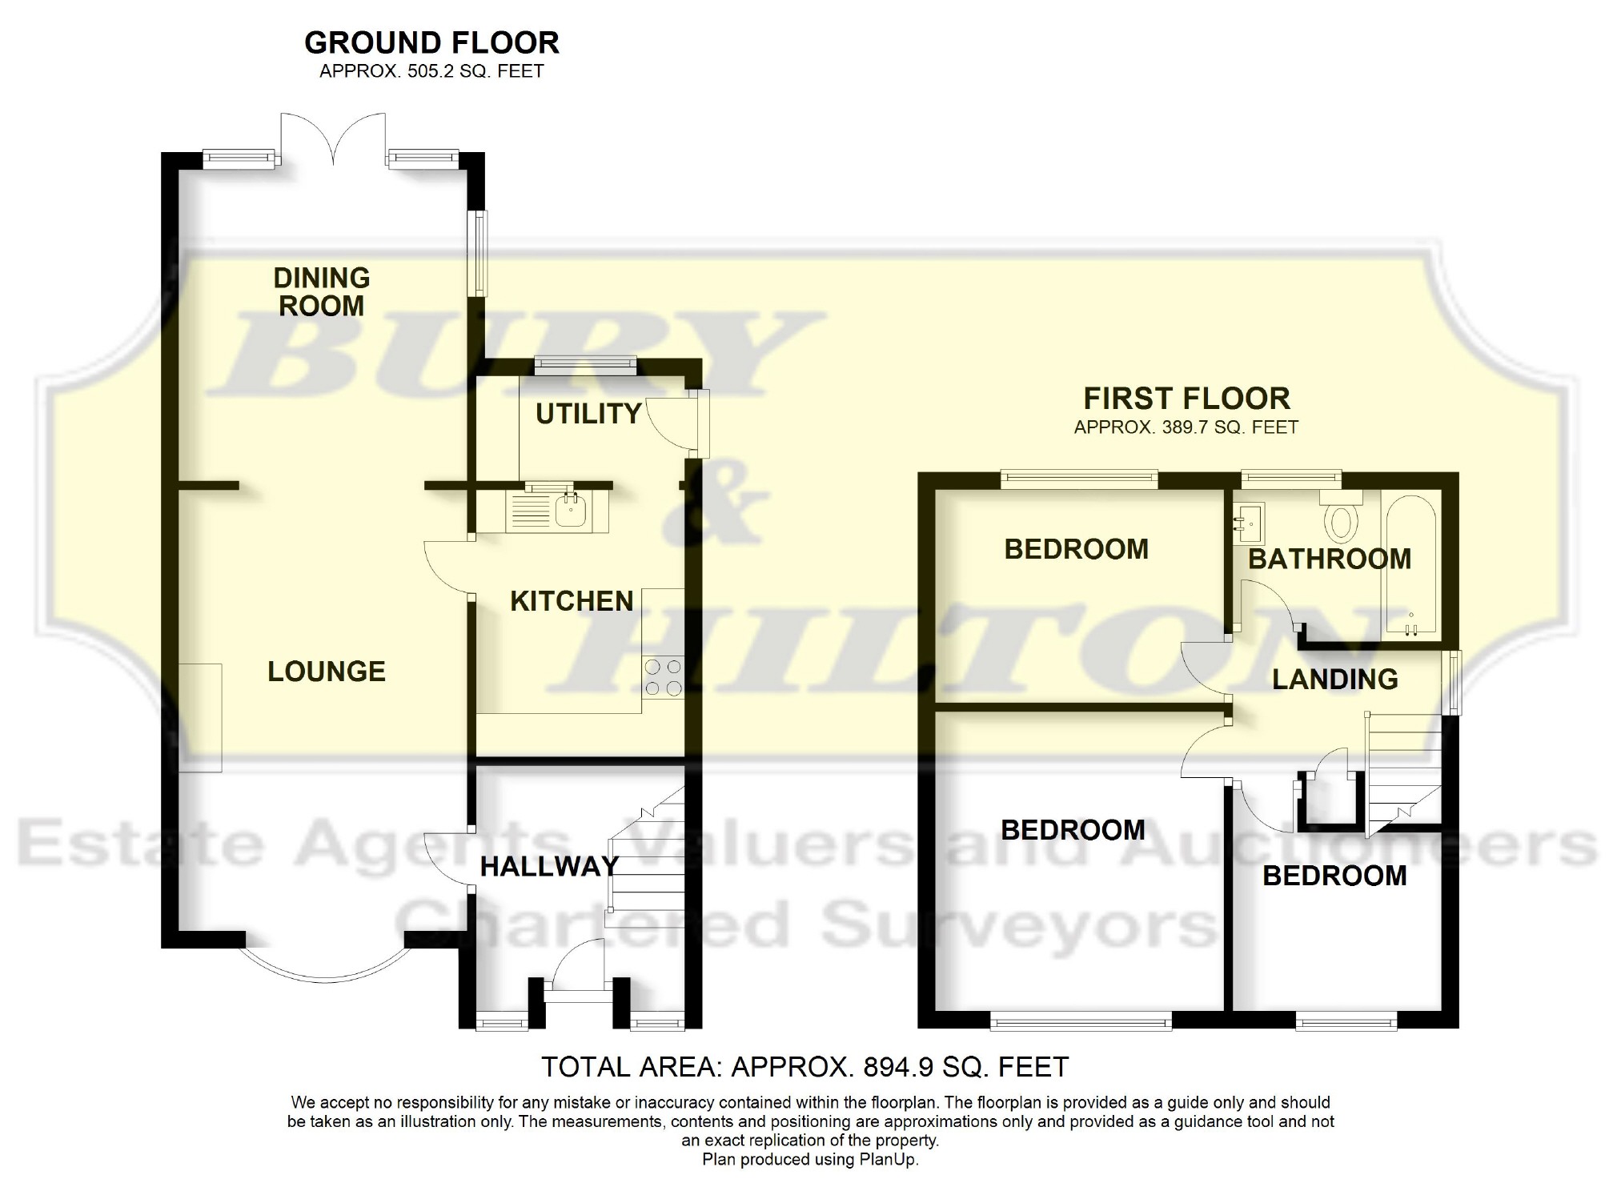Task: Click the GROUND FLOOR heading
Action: tap(431, 42)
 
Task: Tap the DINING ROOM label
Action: tap(322, 292)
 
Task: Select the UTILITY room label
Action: tap(588, 414)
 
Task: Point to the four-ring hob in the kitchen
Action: tap(663, 677)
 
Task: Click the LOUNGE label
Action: tap(327, 672)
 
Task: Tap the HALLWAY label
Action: tap(549, 866)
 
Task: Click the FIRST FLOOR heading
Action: tap(1186, 399)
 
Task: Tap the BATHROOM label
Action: tap(1330, 559)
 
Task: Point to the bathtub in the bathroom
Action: tap(1410, 568)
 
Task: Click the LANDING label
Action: tap(1334, 680)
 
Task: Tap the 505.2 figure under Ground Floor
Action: tap(432, 71)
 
